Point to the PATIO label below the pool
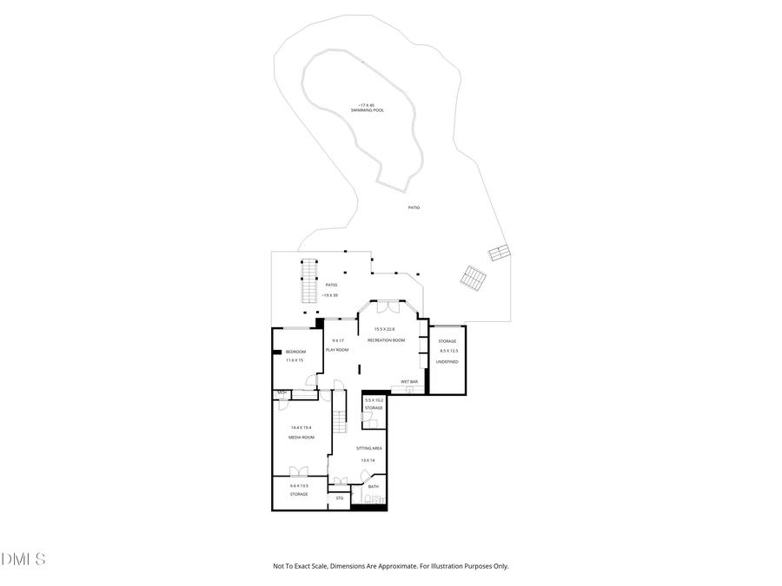tap(414, 207)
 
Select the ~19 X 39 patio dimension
tap(329, 295)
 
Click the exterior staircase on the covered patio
tap(307, 281)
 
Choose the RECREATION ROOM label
tap(386, 340)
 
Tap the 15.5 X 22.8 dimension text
tap(384, 329)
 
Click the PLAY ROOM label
tap(337, 350)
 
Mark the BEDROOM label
tap(295, 351)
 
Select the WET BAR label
tap(409, 382)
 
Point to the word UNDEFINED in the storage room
tap(447, 360)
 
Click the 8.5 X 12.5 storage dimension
tap(448, 351)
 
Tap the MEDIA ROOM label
tap(301, 438)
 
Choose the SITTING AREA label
tap(368, 448)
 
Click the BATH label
tap(374, 486)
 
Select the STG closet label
tap(340, 497)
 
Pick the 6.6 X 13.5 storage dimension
tap(299, 485)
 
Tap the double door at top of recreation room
tap(385, 308)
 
